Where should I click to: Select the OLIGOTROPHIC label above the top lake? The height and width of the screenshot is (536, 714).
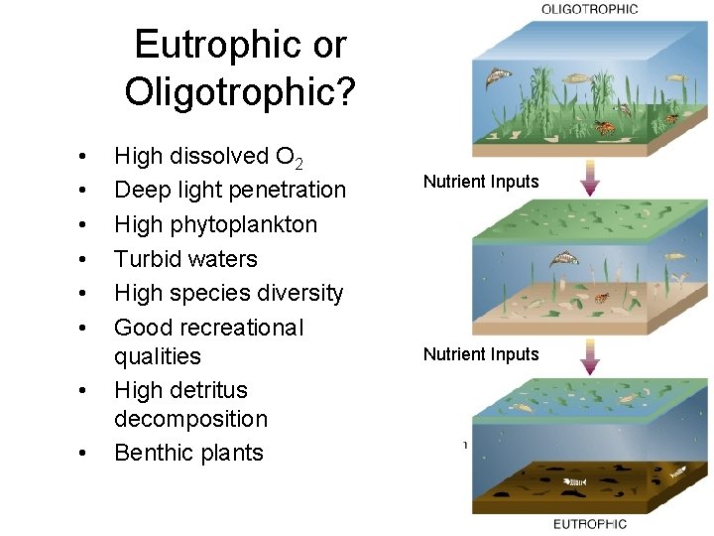coord(589,9)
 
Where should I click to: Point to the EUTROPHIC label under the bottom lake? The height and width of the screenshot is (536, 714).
coord(589,524)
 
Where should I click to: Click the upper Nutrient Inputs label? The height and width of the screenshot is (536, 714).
coord(481,182)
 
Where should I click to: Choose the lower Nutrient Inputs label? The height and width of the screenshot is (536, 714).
coord(481,354)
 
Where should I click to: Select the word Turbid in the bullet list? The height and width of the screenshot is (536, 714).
coord(146,259)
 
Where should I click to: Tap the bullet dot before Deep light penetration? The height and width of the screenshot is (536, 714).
coord(83,191)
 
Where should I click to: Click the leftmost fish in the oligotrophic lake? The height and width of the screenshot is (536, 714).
coord(498,77)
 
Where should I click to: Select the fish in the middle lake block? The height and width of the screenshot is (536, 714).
coord(565,260)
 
